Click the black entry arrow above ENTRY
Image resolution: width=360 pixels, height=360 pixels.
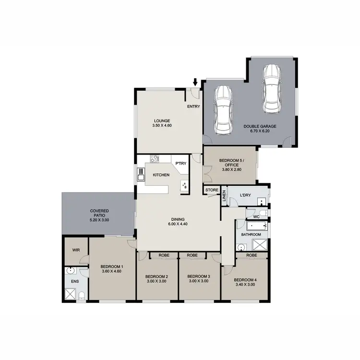coord(195,83)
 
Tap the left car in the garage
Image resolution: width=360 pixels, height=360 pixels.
coord(223,110)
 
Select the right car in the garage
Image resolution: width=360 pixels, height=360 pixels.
coord(271,88)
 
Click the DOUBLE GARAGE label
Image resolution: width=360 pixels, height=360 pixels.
coord(258,127)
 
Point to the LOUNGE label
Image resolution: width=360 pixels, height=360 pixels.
coord(162,121)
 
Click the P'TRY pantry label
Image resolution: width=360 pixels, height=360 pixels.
coord(181,164)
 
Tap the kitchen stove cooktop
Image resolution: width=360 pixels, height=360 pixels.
coord(155,159)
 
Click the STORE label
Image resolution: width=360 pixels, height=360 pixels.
coord(212,191)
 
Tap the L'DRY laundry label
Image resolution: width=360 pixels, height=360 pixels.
coord(240,195)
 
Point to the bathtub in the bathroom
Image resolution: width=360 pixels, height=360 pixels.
coord(251,225)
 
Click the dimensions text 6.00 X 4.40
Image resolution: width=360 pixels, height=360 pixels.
coord(177,224)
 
